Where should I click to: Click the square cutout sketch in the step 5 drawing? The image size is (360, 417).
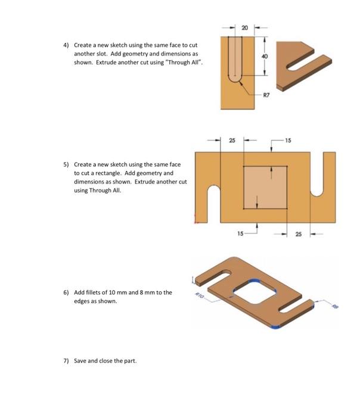(265, 186)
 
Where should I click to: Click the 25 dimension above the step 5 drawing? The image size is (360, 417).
(232, 141)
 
